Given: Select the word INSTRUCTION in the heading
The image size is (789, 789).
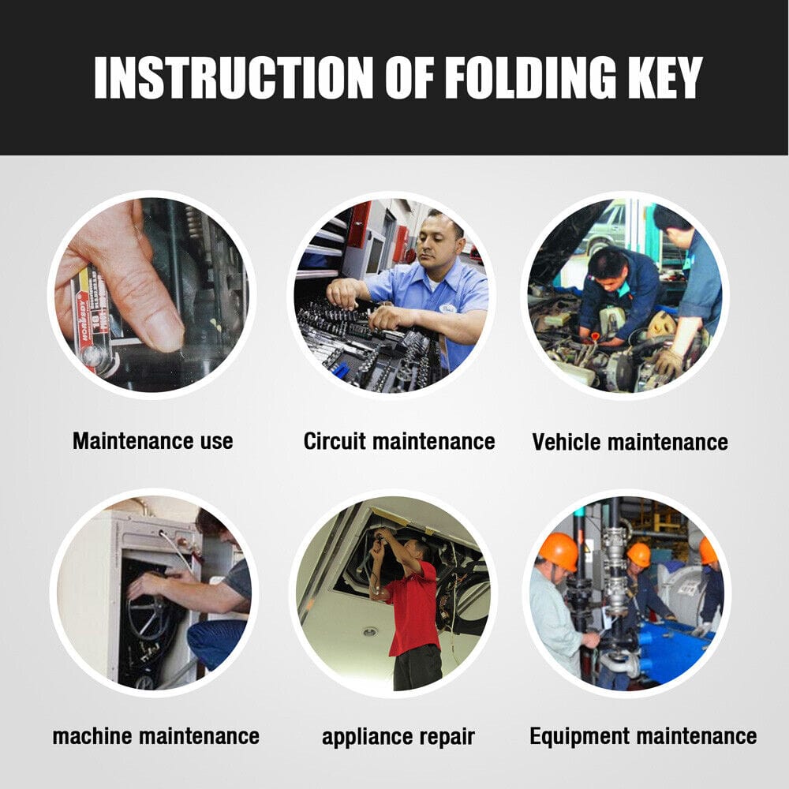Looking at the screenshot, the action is coord(234,77).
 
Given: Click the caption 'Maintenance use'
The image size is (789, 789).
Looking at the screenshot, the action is coord(153,441).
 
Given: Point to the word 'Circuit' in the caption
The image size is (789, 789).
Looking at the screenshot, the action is coord(334,441).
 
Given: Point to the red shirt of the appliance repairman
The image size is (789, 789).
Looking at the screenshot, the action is coord(412,609).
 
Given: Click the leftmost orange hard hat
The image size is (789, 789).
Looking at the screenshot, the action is coord(559,552).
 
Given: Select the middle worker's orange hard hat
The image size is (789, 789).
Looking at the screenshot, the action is coord(638,555).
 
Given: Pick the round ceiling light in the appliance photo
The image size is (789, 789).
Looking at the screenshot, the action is coord(370,631).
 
